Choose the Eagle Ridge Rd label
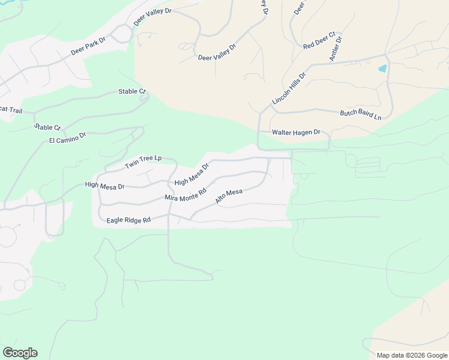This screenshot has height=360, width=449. [128, 220]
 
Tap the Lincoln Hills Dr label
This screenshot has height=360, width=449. [289, 89]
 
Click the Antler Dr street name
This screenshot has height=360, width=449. [336, 49]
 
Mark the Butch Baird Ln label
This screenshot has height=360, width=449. [361, 114]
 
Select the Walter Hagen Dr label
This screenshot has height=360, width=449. [297, 132]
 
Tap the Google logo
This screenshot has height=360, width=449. [20, 353]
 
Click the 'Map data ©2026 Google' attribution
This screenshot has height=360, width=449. [412, 355]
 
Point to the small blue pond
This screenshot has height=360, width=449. [382, 68]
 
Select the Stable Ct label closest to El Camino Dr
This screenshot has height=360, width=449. [47, 127]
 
